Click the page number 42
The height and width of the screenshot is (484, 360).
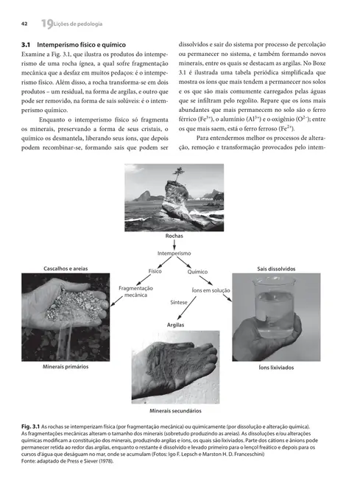point(24,26)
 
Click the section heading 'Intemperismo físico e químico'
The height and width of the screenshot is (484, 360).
point(77,46)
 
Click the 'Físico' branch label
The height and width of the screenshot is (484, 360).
point(155,271)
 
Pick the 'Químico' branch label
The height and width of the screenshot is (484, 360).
point(198,272)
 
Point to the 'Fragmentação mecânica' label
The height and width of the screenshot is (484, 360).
point(135,291)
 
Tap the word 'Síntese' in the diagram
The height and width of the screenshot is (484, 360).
point(179,303)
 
